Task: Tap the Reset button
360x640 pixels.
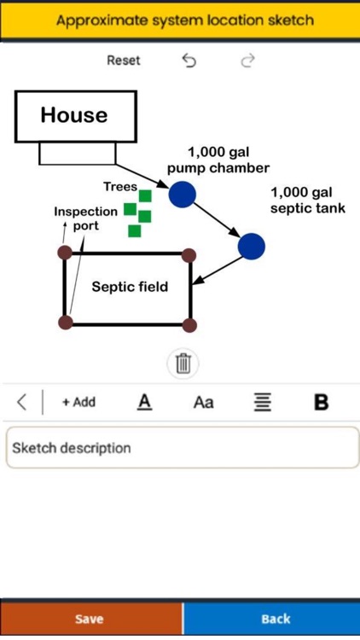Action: [124, 61]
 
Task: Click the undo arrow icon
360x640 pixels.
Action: [189, 61]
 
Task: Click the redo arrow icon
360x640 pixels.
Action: [247, 61]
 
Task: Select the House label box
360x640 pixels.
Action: [75, 116]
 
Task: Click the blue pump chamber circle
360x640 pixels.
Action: [182, 194]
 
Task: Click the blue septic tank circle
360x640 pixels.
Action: [251, 246]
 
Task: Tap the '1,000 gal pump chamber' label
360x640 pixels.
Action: [218, 160]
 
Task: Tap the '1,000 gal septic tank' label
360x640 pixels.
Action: [307, 200]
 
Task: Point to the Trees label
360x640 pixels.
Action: [120, 186]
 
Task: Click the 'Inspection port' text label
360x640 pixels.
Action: [85, 218]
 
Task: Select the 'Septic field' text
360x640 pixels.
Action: [130, 287]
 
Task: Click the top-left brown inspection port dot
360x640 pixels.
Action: [65, 253]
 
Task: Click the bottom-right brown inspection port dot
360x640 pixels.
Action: [189, 324]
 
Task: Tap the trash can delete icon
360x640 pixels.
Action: [183, 364]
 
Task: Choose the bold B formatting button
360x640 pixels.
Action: [322, 402]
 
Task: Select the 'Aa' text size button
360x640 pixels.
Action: [203, 402]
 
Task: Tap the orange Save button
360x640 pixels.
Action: [90, 619]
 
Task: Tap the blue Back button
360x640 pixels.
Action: [275, 619]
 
